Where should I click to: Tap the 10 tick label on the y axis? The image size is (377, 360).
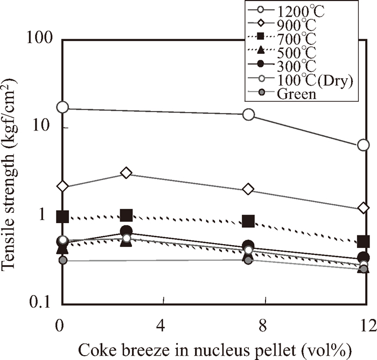45,127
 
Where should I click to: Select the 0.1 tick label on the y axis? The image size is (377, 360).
43,303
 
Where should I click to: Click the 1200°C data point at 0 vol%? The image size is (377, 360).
63,107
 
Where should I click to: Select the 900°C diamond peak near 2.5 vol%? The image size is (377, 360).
126,172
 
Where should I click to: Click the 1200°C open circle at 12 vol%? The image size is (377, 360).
364,145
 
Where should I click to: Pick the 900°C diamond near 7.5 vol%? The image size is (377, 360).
248,190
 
